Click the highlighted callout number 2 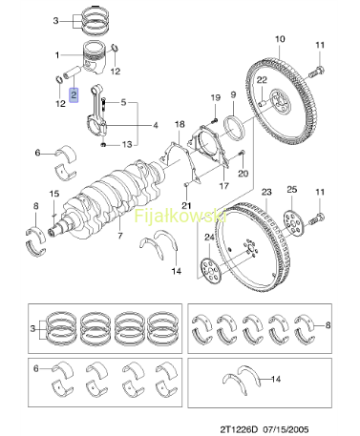(x=74, y=95)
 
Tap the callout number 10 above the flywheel (x=280, y=39)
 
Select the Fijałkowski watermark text (x=180, y=216)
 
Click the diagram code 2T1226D (x=238, y=429)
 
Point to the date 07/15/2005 (x=286, y=429)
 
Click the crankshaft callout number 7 (x=120, y=236)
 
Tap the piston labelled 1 (x=95, y=57)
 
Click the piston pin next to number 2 (x=73, y=73)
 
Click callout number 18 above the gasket (x=180, y=124)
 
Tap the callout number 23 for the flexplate (x=266, y=192)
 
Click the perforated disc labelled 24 (x=211, y=271)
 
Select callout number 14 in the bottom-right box (x=276, y=379)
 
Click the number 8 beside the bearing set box (x=328, y=325)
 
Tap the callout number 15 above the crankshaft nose (x=54, y=194)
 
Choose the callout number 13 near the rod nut (x=127, y=144)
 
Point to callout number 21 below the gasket (x=186, y=205)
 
